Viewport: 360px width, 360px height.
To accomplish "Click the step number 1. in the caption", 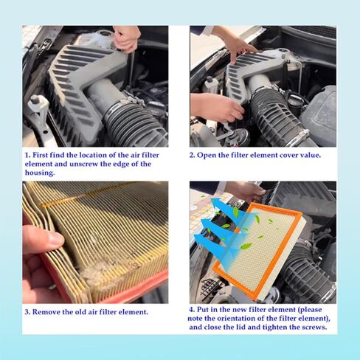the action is tap(28, 155).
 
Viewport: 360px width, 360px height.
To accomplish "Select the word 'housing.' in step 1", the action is tap(40, 173).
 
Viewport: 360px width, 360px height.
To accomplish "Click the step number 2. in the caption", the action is tap(193, 155).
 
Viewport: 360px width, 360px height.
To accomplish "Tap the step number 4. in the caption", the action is tap(193, 309).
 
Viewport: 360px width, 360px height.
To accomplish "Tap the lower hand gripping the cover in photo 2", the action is tap(216, 108).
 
